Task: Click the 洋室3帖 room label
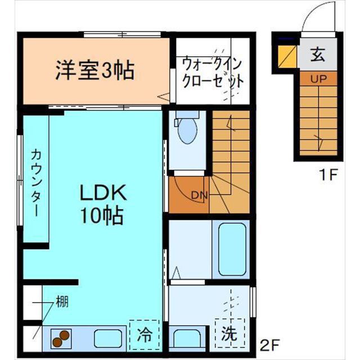94,70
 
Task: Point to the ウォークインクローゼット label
212,72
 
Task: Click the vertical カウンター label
35,183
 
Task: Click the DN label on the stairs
199,195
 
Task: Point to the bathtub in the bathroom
232,249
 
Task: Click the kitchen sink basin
109,338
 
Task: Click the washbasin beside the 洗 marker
186,339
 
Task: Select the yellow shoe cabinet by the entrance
287,56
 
